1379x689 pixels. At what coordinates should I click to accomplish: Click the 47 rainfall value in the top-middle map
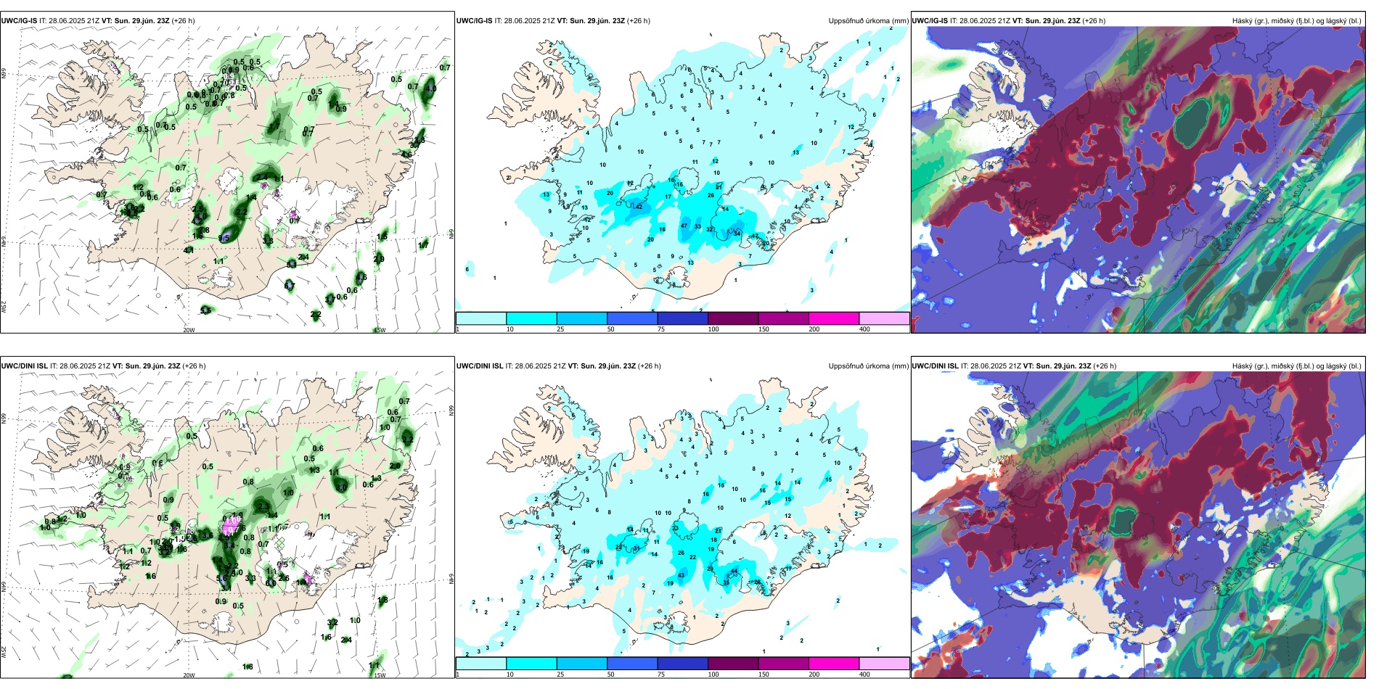(684, 226)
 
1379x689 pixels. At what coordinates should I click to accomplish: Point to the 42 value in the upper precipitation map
(639, 207)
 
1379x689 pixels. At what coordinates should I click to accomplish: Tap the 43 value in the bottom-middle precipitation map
(681, 576)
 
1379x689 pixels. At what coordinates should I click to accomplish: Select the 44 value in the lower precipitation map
(734, 572)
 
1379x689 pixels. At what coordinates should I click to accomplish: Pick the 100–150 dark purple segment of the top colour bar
(733, 318)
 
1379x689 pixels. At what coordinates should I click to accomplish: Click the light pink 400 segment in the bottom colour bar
(884, 664)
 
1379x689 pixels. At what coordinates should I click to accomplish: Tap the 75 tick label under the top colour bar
(661, 329)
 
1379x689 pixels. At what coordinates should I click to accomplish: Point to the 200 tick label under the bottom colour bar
(814, 674)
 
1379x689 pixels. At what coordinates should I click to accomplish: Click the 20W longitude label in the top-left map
(189, 330)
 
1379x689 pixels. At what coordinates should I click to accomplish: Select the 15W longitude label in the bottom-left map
(379, 675)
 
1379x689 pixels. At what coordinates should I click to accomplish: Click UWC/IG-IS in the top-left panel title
(19, 21)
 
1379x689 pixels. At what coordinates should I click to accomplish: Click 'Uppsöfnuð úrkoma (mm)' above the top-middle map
(868, 21)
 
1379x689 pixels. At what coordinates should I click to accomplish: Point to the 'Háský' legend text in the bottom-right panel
(1243, 366)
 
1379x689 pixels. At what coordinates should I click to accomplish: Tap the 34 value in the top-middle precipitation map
(737, 234)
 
